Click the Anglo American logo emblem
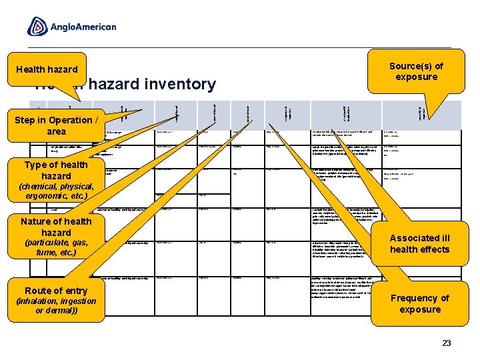(x=37, y=27)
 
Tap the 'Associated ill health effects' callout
(x=419, y=244)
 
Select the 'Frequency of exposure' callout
(x=419, y=303)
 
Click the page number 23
(x=447, y=343)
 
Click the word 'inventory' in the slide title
(x=179, y=85)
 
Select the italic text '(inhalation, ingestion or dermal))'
(x=56, y=306)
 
